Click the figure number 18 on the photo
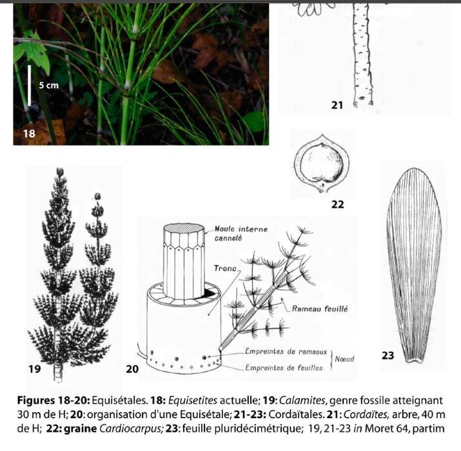click(29, 134)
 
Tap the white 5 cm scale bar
click(30, 86)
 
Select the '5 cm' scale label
click(49, 85)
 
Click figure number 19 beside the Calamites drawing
click(34, 368)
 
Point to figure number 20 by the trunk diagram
click(132, 369)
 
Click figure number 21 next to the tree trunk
click(337, 105)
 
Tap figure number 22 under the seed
click(337, 205)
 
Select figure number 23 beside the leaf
click(387, 356)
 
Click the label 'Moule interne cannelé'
click(240, 234)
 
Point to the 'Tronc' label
click(225, 268)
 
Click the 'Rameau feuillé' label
click(320, 309)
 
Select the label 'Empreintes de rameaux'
click(286, 352)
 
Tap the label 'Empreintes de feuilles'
click(284, 368)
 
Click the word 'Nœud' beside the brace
click(344, 359)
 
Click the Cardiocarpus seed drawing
click(322, 164)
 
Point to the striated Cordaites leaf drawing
click(414, 265)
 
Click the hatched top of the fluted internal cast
click(184, 228)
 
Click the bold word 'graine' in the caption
click(80, 428)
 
